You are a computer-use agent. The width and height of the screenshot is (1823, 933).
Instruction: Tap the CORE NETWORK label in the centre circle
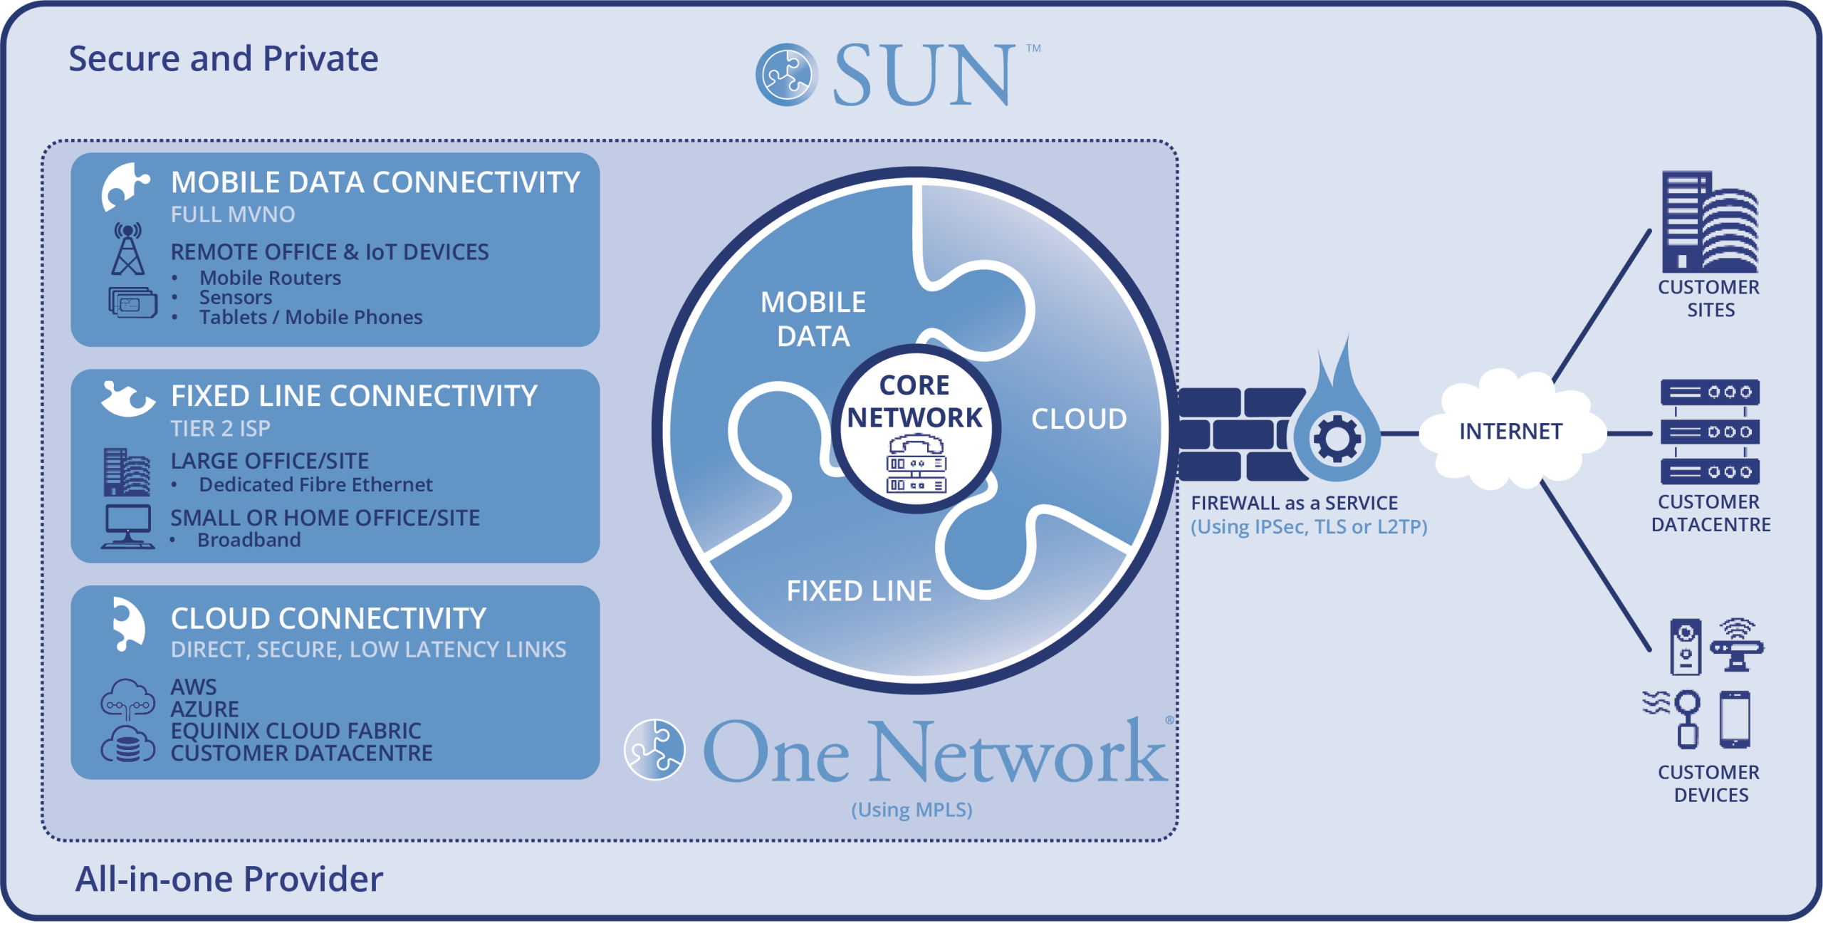(x=914, y=402)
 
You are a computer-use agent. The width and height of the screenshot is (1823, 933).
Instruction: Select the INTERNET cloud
(x=1510, y=431)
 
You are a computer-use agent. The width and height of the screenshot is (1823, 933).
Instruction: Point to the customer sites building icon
(x=1709, y=222)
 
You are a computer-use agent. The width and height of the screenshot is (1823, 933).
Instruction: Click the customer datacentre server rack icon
(x=1709, y=432)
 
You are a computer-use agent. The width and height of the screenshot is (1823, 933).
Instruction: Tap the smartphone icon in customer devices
(x=1734, y=719)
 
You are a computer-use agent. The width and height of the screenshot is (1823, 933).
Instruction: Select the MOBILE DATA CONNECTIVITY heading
(x=375, y=183)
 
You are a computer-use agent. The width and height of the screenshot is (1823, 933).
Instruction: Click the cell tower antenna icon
(x=128, y=249)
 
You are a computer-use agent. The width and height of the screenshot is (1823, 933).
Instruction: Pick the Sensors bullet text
(x=236, y=298)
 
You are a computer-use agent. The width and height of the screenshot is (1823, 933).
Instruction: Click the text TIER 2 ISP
(x=220, y=429)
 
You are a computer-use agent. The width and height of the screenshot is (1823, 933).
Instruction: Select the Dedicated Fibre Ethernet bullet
(x=315, y=485)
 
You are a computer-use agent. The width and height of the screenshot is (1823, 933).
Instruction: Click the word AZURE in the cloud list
(x=205, y=709)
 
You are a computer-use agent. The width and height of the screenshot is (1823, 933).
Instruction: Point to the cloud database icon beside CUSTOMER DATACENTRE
(x=128, y=745)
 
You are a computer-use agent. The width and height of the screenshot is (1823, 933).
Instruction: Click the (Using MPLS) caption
(x=911, y=810)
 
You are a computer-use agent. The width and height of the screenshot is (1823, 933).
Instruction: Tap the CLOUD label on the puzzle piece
(x=1079, y=419)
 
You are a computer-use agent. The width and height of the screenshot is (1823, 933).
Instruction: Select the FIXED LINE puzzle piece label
(x=859, y=591)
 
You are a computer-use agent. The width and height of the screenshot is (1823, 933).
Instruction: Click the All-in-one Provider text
(x=229, y=879)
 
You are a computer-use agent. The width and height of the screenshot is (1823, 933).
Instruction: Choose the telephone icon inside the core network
(x=916, y=447)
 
